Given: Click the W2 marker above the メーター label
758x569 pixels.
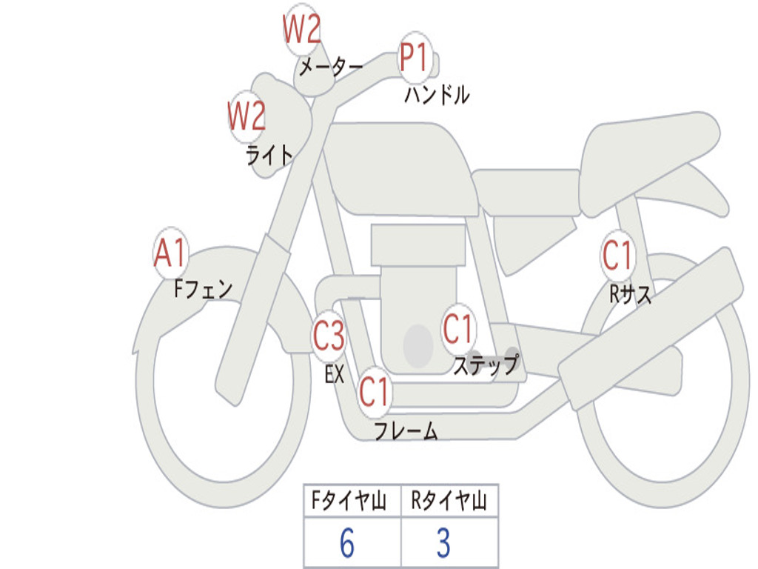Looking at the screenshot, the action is [302, 29].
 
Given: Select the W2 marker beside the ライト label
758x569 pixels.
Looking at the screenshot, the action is [247, 116].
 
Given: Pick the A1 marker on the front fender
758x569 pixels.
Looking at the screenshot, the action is [171, 253].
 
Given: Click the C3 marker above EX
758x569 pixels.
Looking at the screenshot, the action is [329, 336].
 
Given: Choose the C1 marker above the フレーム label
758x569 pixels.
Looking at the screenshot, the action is [375, 391].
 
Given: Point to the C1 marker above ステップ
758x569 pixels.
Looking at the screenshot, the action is [457, 329].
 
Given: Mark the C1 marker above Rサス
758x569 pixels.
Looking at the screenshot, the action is [617, 255].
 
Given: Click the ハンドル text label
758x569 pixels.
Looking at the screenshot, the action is [437, 95].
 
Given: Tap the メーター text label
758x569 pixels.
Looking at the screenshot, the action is [331, 67].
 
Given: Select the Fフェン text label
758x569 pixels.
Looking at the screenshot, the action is [203, 289].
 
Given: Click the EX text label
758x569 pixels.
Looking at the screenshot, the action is [335, 374].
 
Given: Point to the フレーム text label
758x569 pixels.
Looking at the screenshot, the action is [406, 430].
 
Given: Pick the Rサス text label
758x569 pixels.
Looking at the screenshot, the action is [630, 293].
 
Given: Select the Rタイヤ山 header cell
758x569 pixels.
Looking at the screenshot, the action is [449, 501].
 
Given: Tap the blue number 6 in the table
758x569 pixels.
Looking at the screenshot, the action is [347, 543].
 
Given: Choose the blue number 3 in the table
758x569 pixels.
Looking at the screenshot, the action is [444, 543].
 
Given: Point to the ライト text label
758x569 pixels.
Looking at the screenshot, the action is [269, 156].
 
